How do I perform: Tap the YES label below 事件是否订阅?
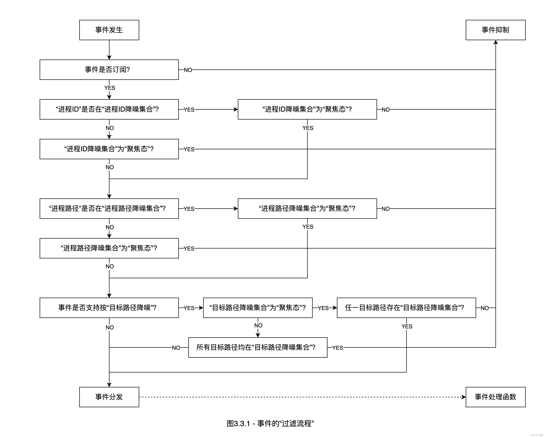click(x=109, y=88)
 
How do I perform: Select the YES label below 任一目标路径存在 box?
click(x=407, y=326)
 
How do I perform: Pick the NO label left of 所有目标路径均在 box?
click(x=176, y=348)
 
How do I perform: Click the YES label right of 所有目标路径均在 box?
click(x=337, y=348)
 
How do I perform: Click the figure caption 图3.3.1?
click(x=270, y=423)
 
